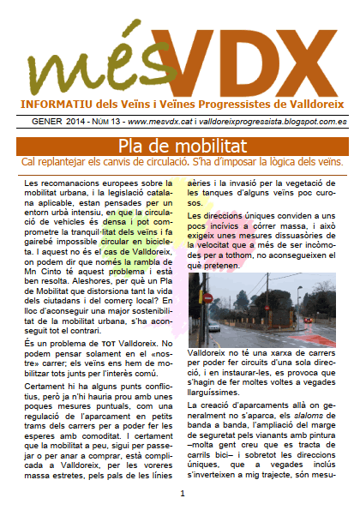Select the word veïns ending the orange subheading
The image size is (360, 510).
[327, 160]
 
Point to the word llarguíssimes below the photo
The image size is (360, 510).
[224, 388]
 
